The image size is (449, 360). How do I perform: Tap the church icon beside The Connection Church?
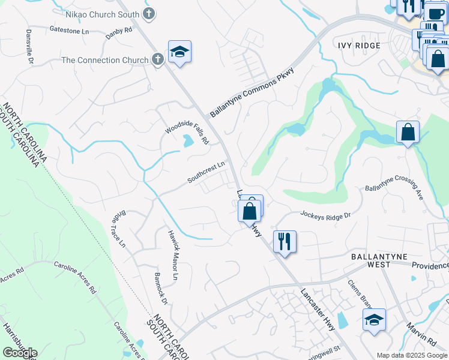pyautogui.click(x=157, y=59)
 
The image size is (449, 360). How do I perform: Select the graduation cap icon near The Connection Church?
pyautogui.click(x=179, y=53)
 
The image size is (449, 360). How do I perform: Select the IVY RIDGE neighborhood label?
pyautogui.click(x=359, y=46)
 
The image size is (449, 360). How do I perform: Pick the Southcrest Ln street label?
pyautogui.click(x=206, y=172)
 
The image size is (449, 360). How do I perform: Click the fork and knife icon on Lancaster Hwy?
pyautogui.click(x=284, y=242)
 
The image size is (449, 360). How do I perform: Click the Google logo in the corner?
pyautogui.click(x=20, y=353)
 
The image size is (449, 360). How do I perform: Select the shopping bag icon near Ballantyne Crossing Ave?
pyautogui.click(x=408, y=133)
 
